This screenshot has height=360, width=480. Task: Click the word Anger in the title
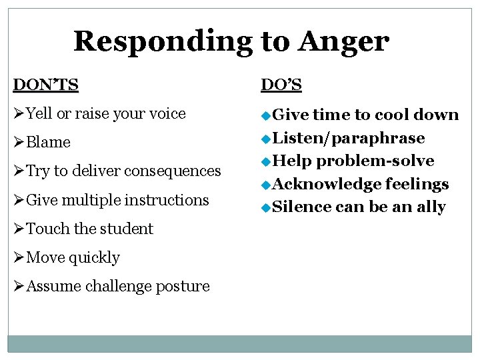click(x=343, y=41)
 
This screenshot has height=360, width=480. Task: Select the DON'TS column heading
click(x=45, y=85)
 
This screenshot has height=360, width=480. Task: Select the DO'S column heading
click(x=281, y=85)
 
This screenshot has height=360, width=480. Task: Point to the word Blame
click(x=48, y=143)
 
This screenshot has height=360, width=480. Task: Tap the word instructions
click(x=167, y=200)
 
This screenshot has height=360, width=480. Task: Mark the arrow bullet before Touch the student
click(x=19, y=229)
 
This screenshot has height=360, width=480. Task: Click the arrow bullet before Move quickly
click(x=19, y=257)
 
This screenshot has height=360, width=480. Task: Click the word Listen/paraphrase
click(x=349, y=138)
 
